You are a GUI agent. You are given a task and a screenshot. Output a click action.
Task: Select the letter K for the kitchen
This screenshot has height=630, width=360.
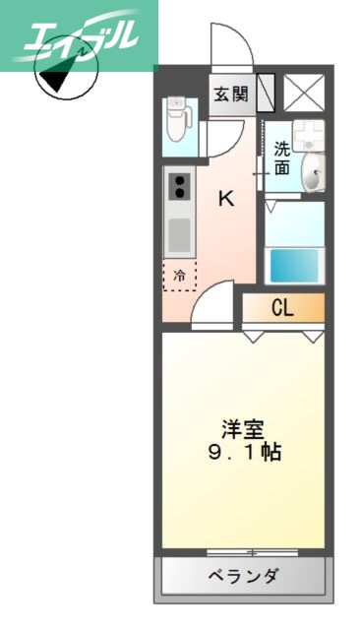tap(226, 199)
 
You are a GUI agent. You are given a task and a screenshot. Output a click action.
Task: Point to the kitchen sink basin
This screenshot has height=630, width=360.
tap(179, 234)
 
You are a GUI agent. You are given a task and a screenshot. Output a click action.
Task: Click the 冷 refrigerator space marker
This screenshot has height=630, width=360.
tap(179, 277)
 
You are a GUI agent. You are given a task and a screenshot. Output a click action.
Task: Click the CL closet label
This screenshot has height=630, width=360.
tap(282, 308)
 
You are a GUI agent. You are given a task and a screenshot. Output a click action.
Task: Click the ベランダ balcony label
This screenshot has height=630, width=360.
tap(243, 576)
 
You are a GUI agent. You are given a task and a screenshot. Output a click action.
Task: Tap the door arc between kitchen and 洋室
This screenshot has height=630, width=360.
tap(213, 306)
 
